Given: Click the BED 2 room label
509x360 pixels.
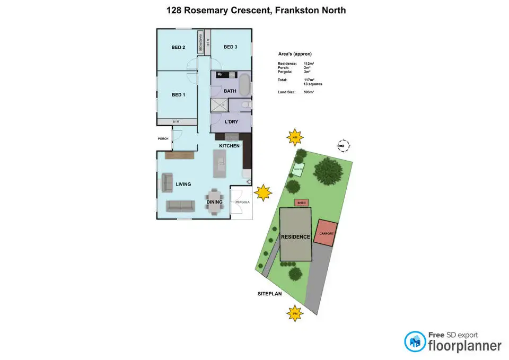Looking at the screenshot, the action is [x=178, y=47].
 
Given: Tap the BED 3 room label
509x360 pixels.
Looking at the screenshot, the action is [x=230, y=47].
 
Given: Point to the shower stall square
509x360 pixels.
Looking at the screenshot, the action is [x=218, y=105].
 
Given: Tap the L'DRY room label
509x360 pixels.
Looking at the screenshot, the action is [x=231, y=122].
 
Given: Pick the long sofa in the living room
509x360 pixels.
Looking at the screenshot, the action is [x=182, y=206].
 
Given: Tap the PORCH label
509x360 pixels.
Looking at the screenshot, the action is [x=163, y=139].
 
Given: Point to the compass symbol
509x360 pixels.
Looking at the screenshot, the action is [x=345, y=145].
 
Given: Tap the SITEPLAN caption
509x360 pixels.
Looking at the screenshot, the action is [x=267, y=293].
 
